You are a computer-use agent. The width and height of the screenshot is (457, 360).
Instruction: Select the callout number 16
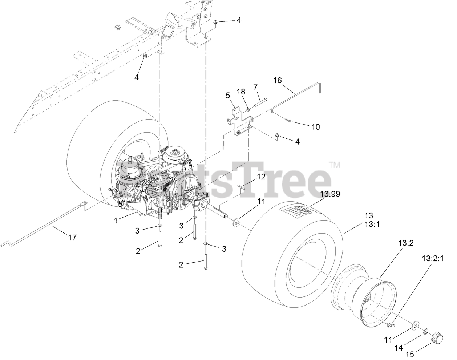[x=277, y=80]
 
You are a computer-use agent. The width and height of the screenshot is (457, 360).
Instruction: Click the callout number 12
[x=261, y=177]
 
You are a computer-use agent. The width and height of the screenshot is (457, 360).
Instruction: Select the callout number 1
[x=116, y=220]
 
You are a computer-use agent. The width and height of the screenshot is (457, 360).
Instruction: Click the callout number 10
[x=315, y=127]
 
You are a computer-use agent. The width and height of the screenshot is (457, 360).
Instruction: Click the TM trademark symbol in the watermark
[x=335, y=165]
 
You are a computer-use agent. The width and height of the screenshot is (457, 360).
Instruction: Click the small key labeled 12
[x=243, y=187]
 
